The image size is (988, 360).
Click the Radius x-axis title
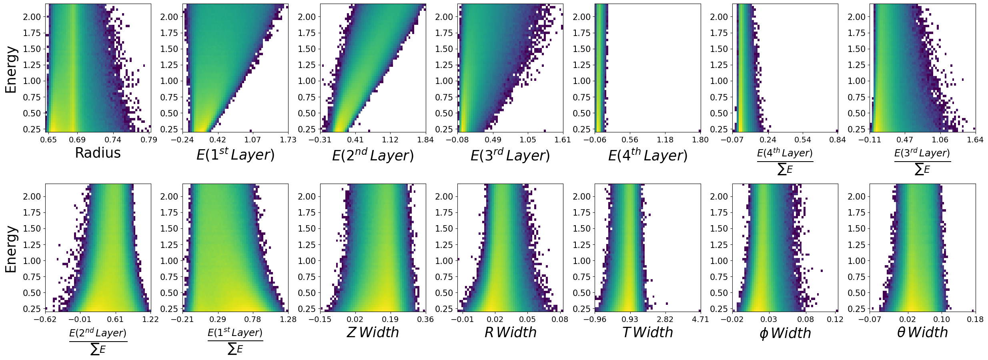98,153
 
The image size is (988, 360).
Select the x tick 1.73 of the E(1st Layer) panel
288,140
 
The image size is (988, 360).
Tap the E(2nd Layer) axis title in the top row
373,155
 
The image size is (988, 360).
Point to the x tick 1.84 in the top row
425,140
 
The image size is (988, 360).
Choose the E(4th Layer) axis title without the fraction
647,155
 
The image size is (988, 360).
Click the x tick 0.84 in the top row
838,140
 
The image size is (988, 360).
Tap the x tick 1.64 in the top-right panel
975,140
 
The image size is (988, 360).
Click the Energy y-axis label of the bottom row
11,249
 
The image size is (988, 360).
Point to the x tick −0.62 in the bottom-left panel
45,319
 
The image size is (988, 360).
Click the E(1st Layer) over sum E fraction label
235,341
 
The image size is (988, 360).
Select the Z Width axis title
373,332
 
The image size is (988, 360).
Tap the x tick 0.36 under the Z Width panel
425,319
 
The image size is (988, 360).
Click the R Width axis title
510,332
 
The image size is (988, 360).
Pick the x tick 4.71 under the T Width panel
700,319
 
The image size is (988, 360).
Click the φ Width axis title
785,333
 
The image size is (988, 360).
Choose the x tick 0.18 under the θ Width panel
975,319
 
